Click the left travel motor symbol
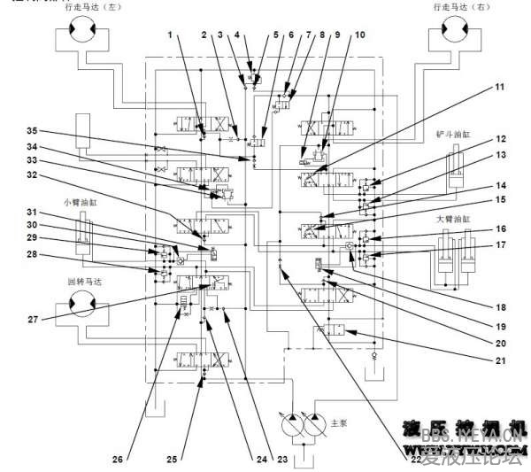point(78,36)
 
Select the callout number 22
point(415,458)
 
